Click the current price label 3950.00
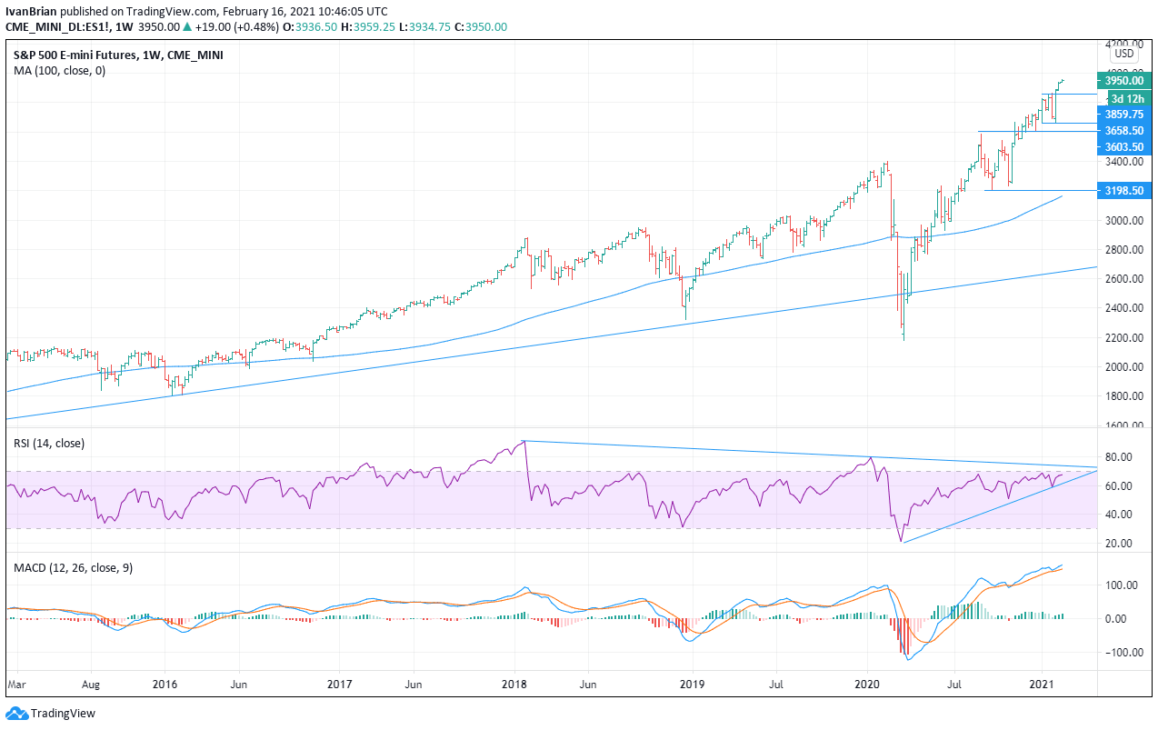(1124, 80)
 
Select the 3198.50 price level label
(1124, 191)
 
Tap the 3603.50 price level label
(1124, 146)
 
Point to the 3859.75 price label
(1124, 115)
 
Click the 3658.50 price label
(1124, 131)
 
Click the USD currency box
(1124, 54)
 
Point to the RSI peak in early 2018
(524, 441)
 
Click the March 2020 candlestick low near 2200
(903, 339)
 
